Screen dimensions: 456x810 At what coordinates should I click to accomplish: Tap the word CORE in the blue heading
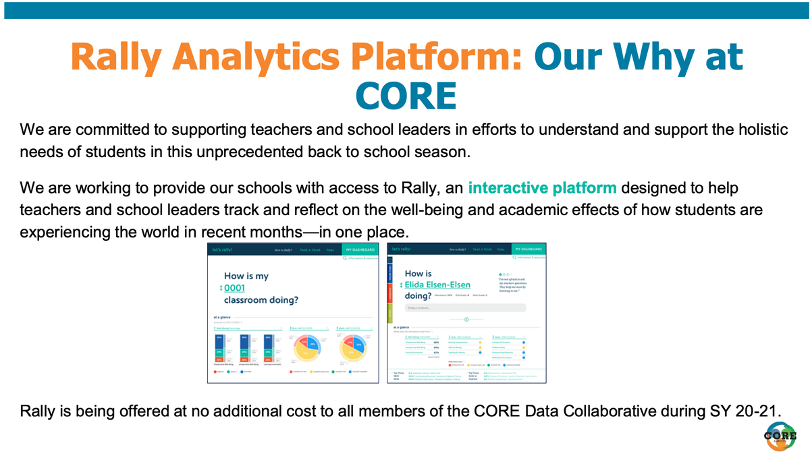click(x=405, y=95)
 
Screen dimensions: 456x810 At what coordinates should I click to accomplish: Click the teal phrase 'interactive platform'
click(x=542, y=188)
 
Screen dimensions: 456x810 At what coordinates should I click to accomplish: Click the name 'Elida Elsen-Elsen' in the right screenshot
click(x=437, y=285)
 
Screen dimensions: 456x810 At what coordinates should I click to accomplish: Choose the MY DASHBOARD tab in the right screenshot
click(x=528, y=250)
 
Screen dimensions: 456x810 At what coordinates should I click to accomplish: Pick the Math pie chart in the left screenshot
click(x=353, y=351)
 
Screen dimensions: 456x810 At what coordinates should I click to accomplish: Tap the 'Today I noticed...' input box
click(x=465, y=308)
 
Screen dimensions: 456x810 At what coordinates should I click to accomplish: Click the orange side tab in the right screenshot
click(x=390, y=295)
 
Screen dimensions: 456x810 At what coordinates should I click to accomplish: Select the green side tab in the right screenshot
click(x=390, y=314)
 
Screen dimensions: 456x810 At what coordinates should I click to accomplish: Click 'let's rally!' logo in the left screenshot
click(x=221, y=250)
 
